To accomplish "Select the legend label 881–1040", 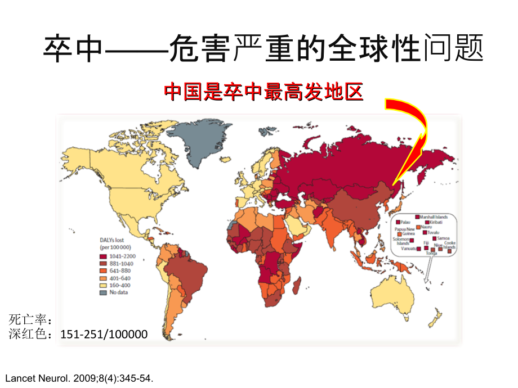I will pyautogui.click(x=122, y=264).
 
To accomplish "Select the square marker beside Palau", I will pyautogui.click(x=398, y=222).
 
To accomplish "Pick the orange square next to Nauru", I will pyautogui.click(x=418, y=227).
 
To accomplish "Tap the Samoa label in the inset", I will pyautogui.click(x=443, y=238).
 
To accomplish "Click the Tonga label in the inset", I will pyautogui.click(x=431, y=253).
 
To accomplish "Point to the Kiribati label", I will pyautogui.click(x=436, y=222).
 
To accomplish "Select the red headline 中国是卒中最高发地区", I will pyautogui.click(x=263, y=91).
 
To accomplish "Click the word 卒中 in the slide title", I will pyautogui.click(x=73, y=49).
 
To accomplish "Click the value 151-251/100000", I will pyautogui.click(x=104, y=335).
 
